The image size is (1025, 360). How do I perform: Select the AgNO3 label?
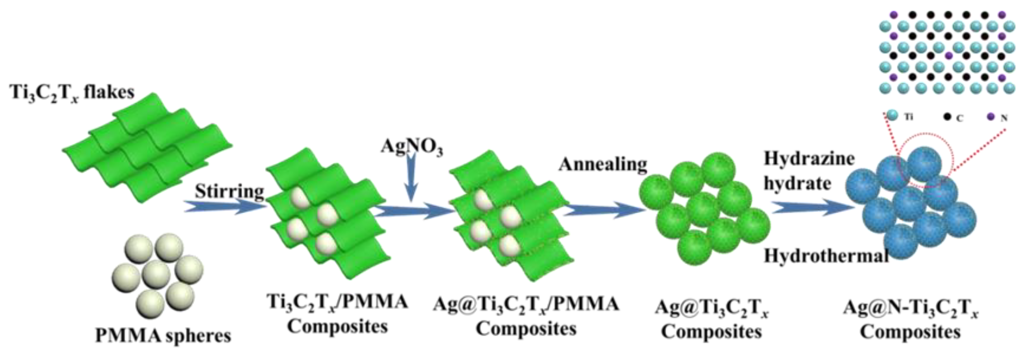[x=412, y=146]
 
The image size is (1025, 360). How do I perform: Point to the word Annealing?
[x=603, y=164]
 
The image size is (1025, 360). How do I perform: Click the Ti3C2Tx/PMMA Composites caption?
[x=338, y=314]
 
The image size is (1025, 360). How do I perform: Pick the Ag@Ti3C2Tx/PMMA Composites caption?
[x=526, y=316]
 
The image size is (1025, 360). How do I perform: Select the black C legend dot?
[x=947, y=117]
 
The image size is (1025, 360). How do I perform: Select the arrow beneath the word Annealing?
[x=603, y=210]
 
